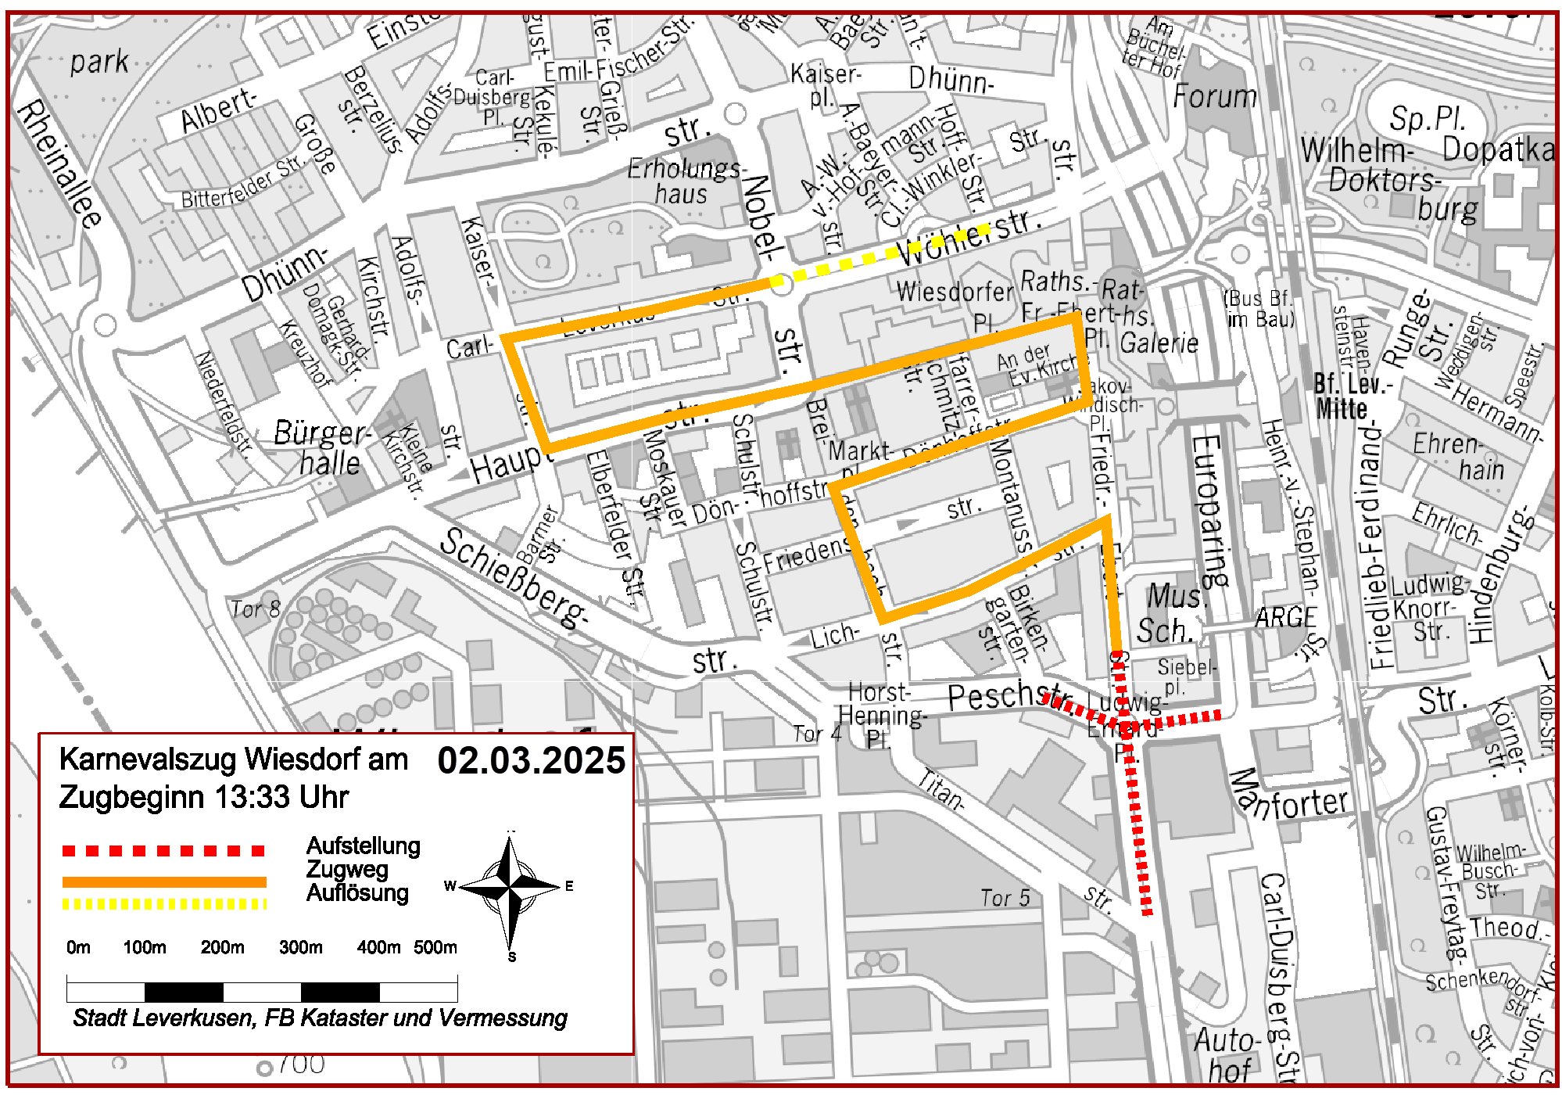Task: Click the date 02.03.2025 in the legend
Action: [531, 760]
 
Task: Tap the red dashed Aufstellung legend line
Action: [164, 850]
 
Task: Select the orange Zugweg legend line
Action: [164, 881]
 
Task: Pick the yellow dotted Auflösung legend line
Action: [164, 904]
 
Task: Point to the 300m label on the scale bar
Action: [300, 948]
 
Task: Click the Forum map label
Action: [1214, 97]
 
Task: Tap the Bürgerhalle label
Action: [322, 447]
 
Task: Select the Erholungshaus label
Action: [684, 181]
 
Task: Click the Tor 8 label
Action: [255, 609]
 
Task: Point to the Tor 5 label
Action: [1005, 899]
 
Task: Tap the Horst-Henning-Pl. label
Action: [881, 715]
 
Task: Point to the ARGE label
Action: [1285, 618]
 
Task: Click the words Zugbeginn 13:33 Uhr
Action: [203, 797]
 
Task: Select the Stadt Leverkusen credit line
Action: [319, 1018]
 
